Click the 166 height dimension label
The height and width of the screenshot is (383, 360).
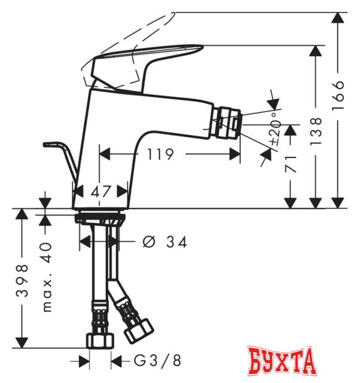point(338,93)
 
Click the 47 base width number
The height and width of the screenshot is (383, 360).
point(101,193)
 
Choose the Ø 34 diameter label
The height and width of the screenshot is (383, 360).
point(165,242)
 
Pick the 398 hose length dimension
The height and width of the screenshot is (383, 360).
point(22,282)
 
